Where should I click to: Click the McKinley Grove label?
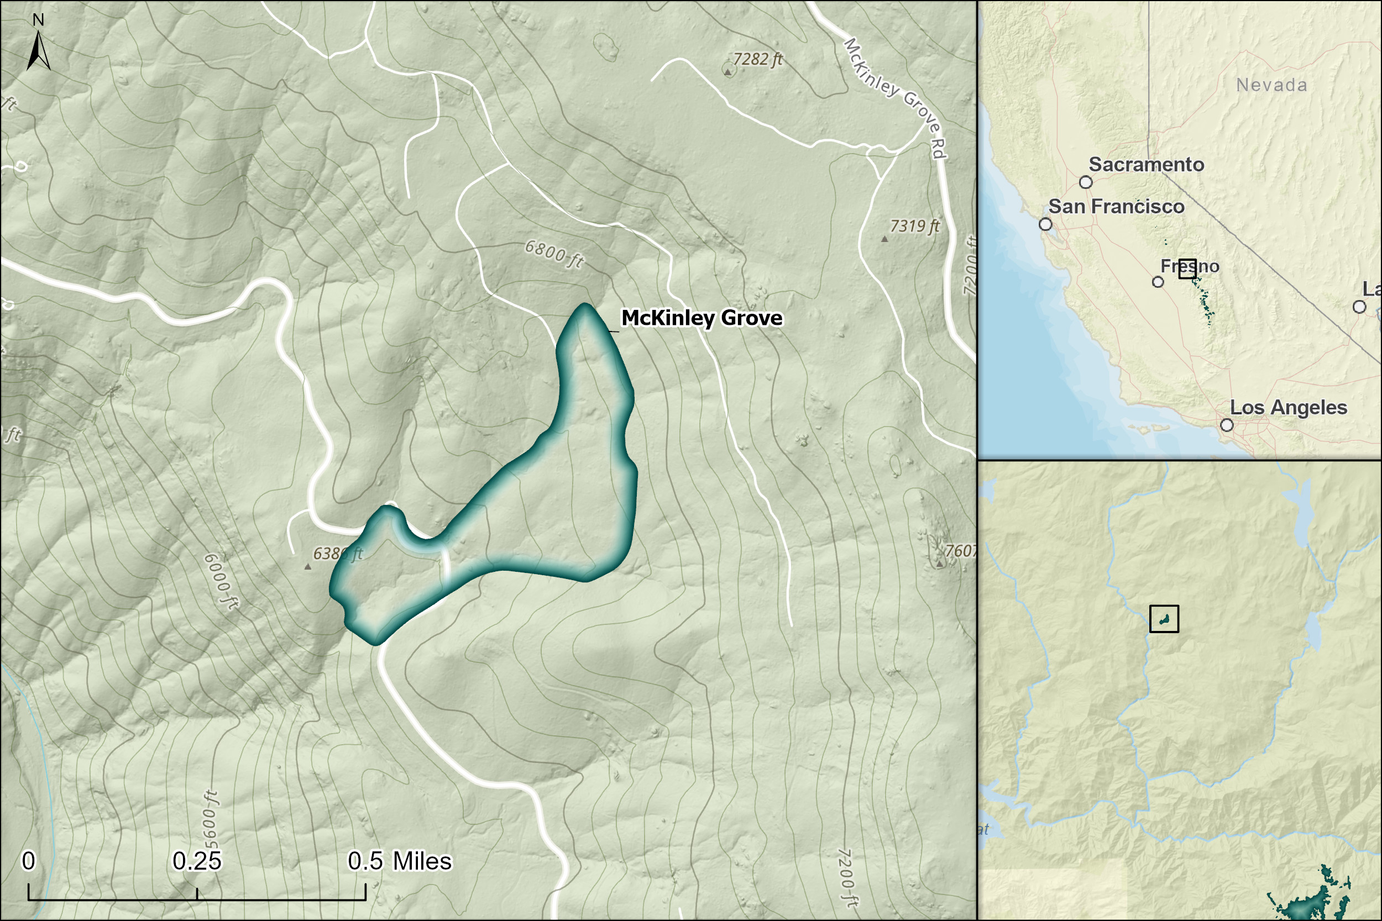click(702, 318)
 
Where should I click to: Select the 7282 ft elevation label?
click(757, 59)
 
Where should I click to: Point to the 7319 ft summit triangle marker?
click(884, 239)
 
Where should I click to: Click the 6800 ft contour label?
click(553, 254)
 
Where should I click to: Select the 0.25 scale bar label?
click(197, 861)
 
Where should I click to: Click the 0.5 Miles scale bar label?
click(400, 861)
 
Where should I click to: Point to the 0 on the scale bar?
click(28, 861)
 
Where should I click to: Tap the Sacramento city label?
click(1146, 165)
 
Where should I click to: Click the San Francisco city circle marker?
click(1045, 224)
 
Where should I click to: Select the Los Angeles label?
click(1288, 407)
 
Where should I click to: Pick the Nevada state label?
click(1271, 85)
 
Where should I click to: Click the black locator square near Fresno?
click(1187, 269)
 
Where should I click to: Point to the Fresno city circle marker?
click(1158, 282)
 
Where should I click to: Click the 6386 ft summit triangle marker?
click(307, 567)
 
